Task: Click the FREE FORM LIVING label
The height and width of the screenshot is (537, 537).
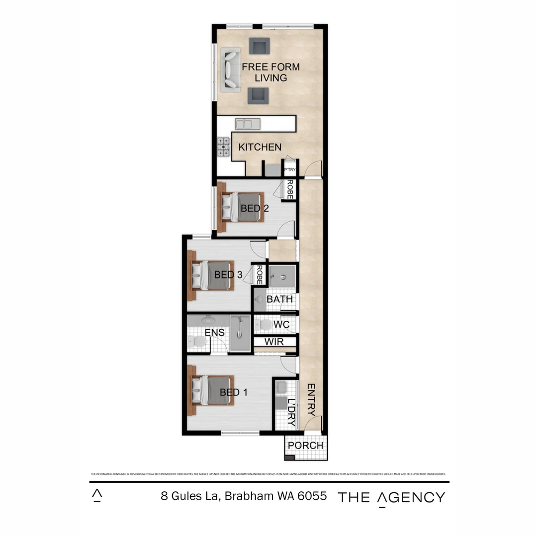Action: (x=270, y=72)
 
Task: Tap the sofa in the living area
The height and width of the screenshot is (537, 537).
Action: (x=231, y=70)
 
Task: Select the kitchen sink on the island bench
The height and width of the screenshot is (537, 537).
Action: (x=247, y=123)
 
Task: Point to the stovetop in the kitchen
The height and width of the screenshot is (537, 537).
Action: (x=224, y=147)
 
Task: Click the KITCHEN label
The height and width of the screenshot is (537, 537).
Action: (x=260, y=147)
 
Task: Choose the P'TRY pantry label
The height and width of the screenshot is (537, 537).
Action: (x=289, y=170)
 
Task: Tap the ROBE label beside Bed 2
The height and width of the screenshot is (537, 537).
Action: (x=290, y=189)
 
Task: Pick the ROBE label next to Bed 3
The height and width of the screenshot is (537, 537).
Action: (x=259, y=275)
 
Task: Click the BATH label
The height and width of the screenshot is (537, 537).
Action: (x=279, y=299)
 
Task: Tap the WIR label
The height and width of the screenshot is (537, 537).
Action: (x=274, y=342)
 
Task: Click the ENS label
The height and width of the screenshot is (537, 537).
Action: (x=214, y=333)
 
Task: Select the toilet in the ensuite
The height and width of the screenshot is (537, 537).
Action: (x=197, y=342)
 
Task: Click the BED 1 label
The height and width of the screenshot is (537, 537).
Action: (x=234, y=392)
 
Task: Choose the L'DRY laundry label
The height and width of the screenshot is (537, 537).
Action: (x=291, y=413)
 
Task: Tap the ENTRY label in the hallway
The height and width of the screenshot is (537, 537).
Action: (x=311, y=399)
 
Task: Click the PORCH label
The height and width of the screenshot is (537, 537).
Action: (x=305, y=446)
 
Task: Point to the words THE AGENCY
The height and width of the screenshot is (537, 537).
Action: (x=391, y=497)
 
